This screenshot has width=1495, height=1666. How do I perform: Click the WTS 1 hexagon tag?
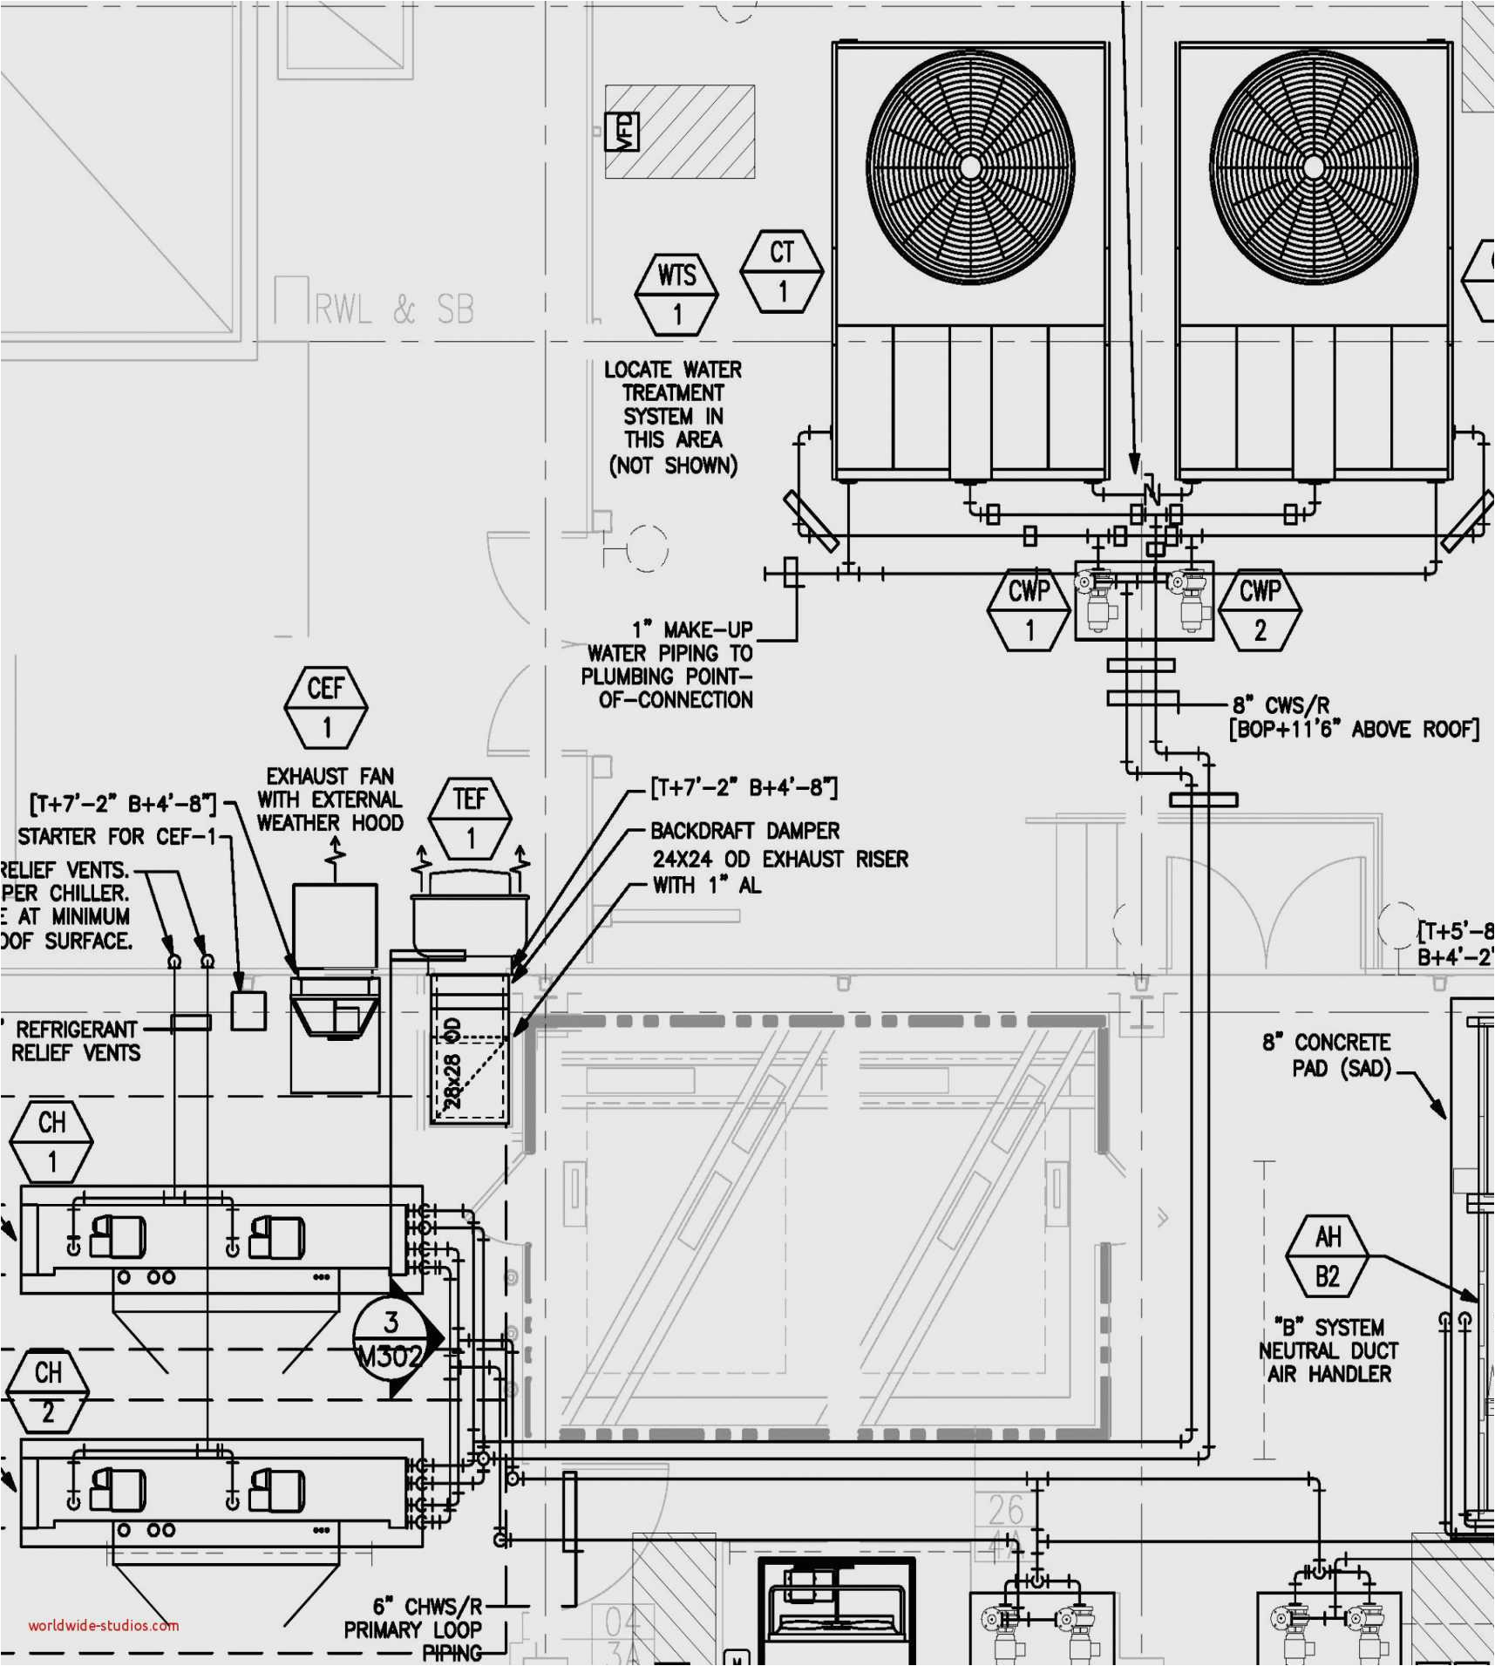coord(676,295)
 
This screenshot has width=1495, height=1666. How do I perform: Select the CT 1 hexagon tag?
coord(782,271)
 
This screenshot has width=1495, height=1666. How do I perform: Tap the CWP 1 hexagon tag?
coord(1029,610)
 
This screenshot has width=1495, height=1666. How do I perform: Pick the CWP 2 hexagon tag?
coord(1260,610)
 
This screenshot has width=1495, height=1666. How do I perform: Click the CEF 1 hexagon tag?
coord(326,708)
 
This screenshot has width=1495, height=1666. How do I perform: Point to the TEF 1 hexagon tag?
coord(470,819)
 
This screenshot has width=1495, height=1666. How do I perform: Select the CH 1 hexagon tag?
coord(51,1142)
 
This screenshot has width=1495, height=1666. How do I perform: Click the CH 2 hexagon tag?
coord(48,1392)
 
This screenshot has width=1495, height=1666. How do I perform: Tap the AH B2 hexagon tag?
coord(1327,1257)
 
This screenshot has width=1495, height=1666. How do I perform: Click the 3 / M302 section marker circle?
coord(391,1338)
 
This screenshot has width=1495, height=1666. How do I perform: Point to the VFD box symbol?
coord(622,132)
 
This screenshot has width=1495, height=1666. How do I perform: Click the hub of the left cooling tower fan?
coord(970,167)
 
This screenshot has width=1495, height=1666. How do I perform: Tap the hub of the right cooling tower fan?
coord(1314,167)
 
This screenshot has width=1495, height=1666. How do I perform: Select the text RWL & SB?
coord(394,309)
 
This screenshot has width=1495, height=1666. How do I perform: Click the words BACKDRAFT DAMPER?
coord(745,831)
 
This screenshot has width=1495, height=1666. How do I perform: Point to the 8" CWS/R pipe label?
coord(1281,705)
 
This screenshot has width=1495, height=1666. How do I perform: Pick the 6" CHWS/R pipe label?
coord(427,1606)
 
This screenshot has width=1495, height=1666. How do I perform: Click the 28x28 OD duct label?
coord(452,1063)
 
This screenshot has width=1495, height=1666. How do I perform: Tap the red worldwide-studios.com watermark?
coord(103,1625)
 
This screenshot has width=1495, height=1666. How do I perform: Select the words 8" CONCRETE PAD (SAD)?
coord(1328,1055)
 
